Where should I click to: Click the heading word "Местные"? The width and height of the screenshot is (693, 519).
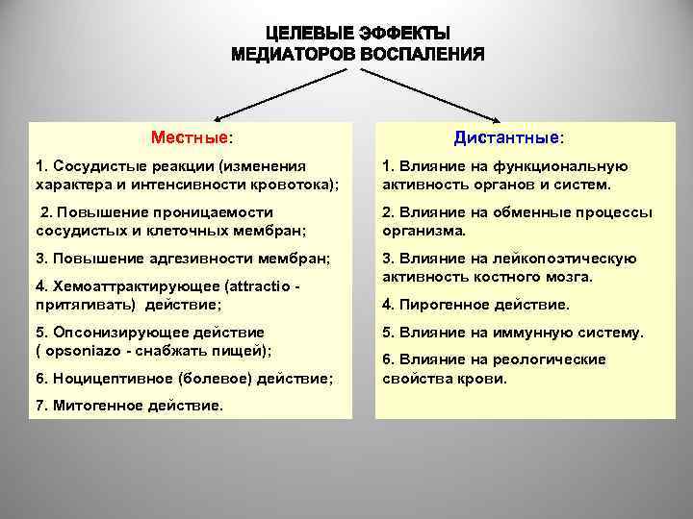pos(190,137)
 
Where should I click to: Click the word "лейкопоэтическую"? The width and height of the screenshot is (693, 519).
pos(575,259)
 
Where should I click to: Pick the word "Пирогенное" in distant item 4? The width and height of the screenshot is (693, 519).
pos(439,306)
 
